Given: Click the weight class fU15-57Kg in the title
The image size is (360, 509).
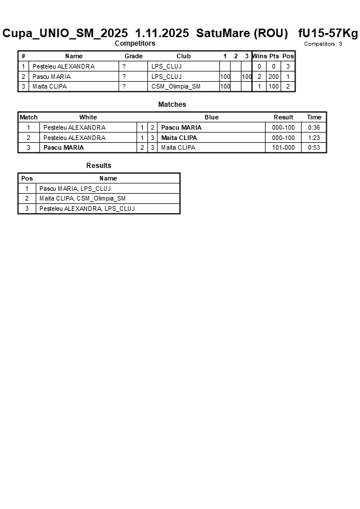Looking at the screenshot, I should tap(328, 33).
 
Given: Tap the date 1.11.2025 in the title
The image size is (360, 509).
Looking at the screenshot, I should tap(163, 33).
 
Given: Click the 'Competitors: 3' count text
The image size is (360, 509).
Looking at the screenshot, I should tap(323, 44).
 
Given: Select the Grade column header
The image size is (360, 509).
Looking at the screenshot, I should tap(134, 56).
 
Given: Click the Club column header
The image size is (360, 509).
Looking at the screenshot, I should tap(183, 56).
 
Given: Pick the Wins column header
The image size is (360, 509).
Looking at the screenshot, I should tap(259, 56).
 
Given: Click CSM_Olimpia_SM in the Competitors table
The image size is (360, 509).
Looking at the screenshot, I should tap(176, 87).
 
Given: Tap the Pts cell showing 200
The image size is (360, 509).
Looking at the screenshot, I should tap(274, 77).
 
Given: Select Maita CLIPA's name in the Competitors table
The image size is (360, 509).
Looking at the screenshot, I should tap(50, 87).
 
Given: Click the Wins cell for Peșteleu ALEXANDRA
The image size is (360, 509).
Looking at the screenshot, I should tap(259, 66).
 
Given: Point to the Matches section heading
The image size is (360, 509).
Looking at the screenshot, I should tap(172, 105).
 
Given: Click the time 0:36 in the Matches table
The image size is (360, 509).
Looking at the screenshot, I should tap(314, 127).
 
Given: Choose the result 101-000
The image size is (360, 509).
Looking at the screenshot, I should tap(283, 147).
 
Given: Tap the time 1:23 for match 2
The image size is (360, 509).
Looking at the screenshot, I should tap(314, 138).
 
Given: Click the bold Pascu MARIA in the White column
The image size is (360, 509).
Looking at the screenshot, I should tap(63, 147).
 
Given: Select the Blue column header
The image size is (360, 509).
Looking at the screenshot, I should tap(211, 117).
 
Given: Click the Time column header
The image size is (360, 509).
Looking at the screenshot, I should tap(314, 117).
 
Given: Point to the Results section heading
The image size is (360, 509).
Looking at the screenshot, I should tap(99, 166).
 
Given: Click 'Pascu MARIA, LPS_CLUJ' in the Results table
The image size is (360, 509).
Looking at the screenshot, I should tap(75, 189).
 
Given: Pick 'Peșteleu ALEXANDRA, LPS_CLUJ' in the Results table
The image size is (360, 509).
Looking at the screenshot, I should tap(87, 209).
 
